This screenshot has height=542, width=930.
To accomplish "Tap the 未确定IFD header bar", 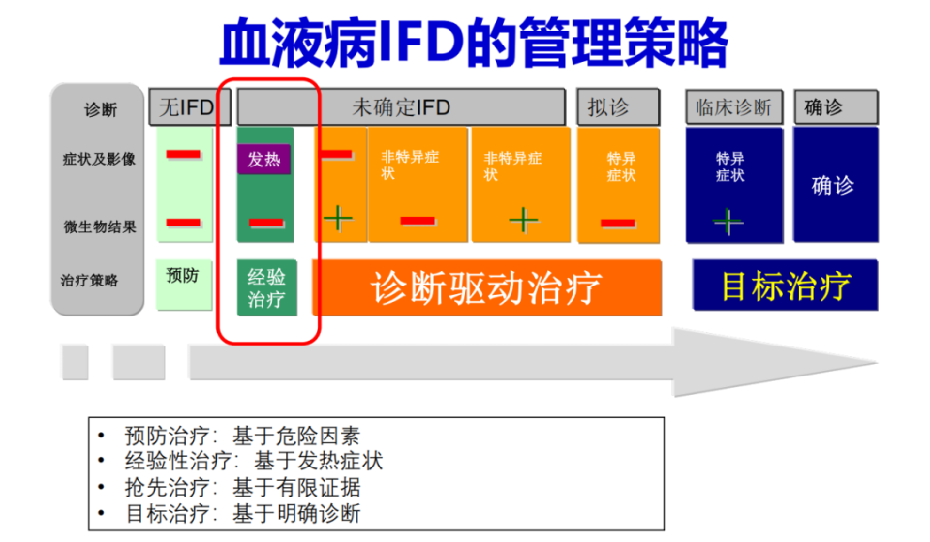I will click(400, 106).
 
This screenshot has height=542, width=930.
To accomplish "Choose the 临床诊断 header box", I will click(733, 106).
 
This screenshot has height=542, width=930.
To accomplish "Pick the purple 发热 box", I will click(263, 159).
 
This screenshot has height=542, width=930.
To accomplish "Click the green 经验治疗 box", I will click(265, 287).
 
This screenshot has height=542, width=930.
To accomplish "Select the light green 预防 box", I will click(183, 276).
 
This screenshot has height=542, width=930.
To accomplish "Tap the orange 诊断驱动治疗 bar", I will click(486, 287).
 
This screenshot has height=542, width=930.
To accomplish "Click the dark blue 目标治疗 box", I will click(785, 286).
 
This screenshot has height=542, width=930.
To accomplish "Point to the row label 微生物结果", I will click(100, 226).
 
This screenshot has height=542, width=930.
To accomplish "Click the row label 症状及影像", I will click(100, 159).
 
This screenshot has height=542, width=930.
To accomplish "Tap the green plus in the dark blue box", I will click(728, 222).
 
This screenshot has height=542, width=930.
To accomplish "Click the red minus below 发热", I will click(265, 223).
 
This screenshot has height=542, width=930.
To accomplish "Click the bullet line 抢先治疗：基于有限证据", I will click(242, 488).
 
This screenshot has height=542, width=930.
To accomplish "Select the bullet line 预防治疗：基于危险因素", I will click(242, 436).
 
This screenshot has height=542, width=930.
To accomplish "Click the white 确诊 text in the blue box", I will click(833, 184).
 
